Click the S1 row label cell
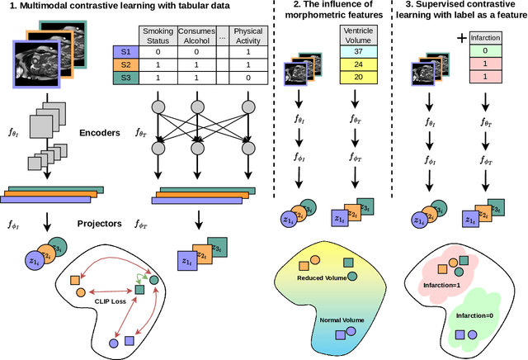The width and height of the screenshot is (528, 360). (125, 52)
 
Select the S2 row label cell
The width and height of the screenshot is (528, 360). (125, 64)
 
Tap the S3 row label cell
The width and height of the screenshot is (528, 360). (125, 78)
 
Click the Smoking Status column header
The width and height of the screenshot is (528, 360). (158, 36)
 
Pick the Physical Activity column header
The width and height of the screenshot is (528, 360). (248, 36)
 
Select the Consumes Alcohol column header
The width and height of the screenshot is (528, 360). (196, 36)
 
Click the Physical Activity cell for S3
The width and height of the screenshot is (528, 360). (248, 78)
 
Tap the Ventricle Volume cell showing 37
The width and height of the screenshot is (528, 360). (358, 51)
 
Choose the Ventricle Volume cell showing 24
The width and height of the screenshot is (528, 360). (358, 64)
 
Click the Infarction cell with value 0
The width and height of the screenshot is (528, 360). (485, 50)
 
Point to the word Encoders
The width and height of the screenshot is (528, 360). (100, 133)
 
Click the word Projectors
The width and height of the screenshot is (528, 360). (100, 224)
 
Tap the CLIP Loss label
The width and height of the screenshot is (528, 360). (111, 301)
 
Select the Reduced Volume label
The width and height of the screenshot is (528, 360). (322, 278)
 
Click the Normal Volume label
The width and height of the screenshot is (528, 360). (342, 320)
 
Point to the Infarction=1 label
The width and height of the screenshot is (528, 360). (442, 285)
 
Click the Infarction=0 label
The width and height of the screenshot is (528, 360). (474, 315)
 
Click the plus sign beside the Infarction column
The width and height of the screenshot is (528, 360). (462, 38)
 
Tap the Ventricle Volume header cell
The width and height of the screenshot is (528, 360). (358, 35)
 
